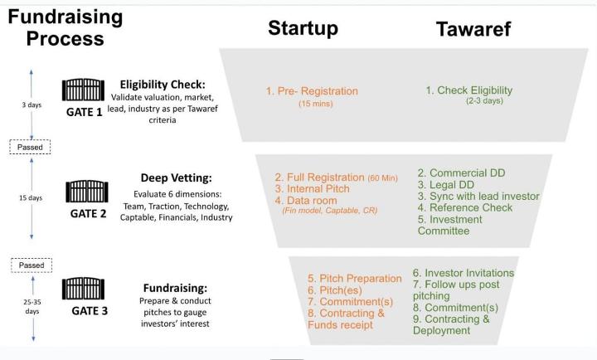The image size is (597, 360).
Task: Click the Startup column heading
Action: [x=303, y=27]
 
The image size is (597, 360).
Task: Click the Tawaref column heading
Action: [x=473, y=30]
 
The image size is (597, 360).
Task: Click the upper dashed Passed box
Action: [x=32, y=147]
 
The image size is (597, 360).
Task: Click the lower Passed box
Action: [x=32, y=265]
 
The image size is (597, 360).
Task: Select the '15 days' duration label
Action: [x=32, y=198]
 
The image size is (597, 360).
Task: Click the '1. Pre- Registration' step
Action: [x=312, y=91]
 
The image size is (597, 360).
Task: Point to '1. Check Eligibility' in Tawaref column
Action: [x=469, y=90]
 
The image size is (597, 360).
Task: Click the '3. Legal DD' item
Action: [x=449, y=185]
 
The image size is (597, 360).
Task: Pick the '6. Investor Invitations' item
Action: [x=464, y=273]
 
